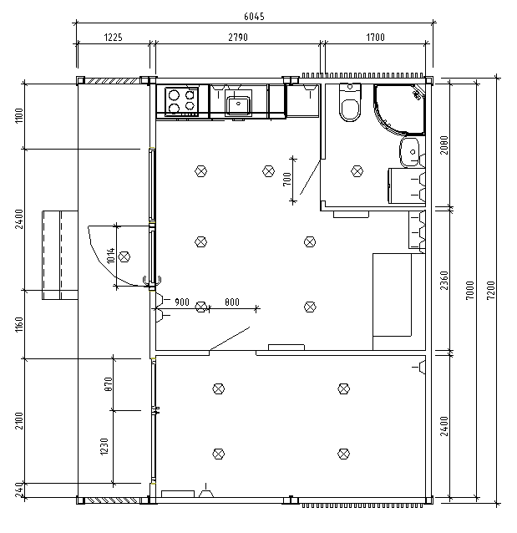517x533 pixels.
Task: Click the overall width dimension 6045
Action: (254, 16)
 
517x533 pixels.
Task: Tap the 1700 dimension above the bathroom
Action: (374, 38)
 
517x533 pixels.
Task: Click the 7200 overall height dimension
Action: (492, 292)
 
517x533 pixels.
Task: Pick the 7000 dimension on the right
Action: (470, 292)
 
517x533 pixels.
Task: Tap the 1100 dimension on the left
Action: (18, 116)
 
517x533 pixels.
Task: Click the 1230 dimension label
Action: (104, 447)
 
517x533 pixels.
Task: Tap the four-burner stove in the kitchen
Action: (182, 101)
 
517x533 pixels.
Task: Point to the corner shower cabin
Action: (400, 109)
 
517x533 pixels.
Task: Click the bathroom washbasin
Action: (409, 151)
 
